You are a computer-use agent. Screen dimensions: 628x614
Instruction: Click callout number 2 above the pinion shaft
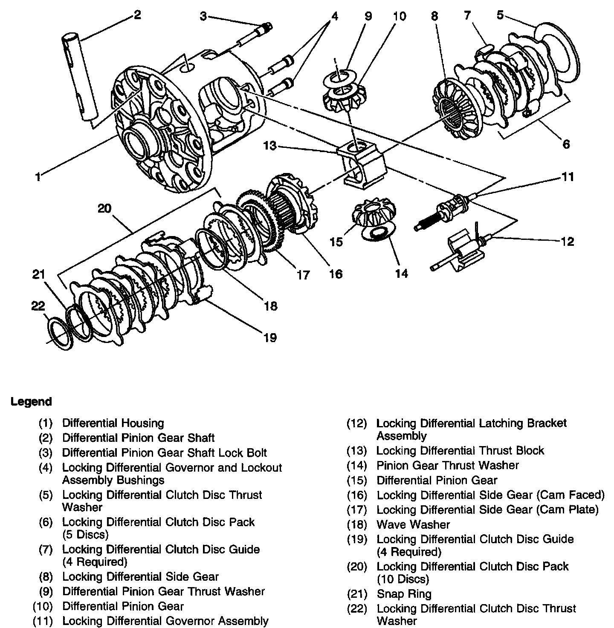click(136, 15)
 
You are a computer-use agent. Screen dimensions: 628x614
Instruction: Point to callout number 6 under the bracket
click(566, 144)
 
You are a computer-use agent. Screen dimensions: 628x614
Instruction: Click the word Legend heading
click(31, 401)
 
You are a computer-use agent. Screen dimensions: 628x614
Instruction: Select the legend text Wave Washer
click(413, 524)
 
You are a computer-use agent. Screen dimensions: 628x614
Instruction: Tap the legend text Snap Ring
click(404, 594)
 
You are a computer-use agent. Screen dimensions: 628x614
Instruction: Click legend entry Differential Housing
click(113, 423)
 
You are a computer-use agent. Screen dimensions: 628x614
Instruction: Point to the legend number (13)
click(356, 451)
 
